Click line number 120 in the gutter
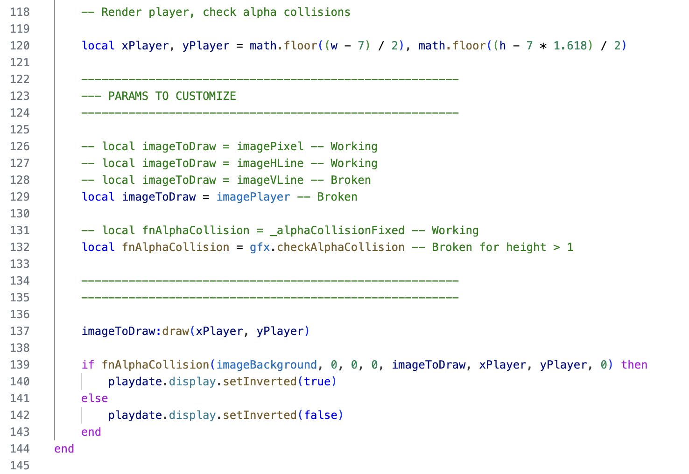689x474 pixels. coord(20,46)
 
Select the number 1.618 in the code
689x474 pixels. coord(570,46)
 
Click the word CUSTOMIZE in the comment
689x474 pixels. coord(206,96)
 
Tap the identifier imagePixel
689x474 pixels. coord(270,146)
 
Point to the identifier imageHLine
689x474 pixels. coord(270,163)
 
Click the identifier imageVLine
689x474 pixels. coord(270,180)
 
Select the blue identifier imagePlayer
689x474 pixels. coord(253,197)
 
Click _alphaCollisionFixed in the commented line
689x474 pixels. coord(337,230)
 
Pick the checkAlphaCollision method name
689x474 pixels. coord(341,247)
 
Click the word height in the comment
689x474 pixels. coord(526,247)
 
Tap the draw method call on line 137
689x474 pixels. coord(176,331)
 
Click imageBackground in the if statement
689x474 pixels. coord(267,365)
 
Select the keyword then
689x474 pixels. coord(634,365)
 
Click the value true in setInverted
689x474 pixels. coord(317,382)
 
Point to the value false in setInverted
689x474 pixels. coord(321,415)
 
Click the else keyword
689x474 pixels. coord(95,398)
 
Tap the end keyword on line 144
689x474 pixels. coord(64,449)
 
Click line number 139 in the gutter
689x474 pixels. coord(20,365)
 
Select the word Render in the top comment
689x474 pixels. coord(121,12)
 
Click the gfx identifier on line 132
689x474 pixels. coord(260,247)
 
